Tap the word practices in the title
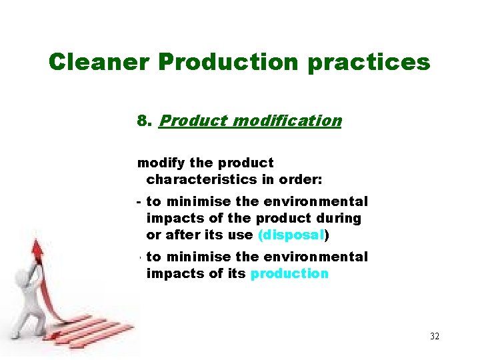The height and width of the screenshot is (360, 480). pos(375,62)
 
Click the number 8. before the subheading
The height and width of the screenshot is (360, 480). pos(145,121)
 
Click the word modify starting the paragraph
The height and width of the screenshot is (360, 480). pos(159,163)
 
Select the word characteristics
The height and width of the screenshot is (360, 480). pos(195,179)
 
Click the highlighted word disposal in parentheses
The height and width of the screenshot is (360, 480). pos(291,235)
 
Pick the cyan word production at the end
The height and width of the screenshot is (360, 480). pos(289,273)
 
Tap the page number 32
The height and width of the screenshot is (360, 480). pos(435,336)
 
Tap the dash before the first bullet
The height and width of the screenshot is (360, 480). pos(139,201)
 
